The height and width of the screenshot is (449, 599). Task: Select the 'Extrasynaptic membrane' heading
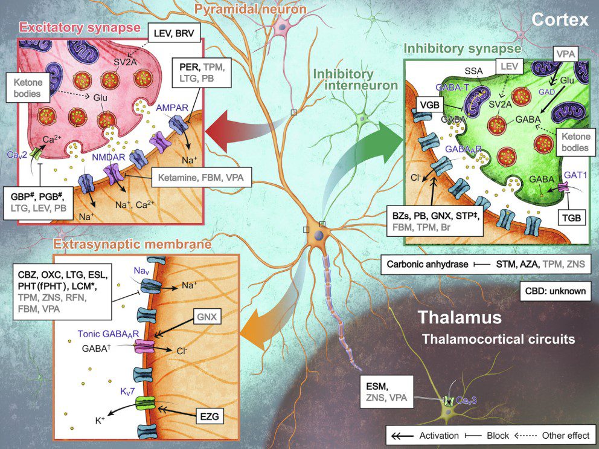pyautogui.click(x=132, y=245)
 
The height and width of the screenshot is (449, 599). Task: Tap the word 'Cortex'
pyautogui.click(x=560, y=21)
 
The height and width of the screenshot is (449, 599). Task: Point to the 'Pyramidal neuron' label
pyautogui.click(x=251, y=9)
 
